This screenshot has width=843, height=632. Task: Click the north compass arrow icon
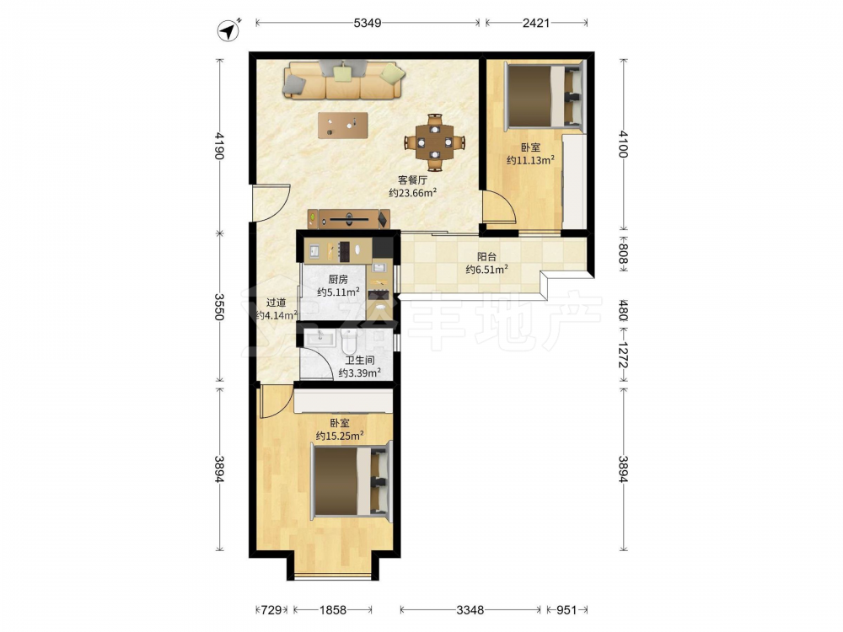(228, 30)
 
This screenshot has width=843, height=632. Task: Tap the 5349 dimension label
(368, 23)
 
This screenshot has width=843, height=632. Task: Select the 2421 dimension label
(536, 23)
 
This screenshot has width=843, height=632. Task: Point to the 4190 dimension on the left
(219, 145)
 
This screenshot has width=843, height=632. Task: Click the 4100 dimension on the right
(623, 143)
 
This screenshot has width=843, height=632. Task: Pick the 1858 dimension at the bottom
(333, 610)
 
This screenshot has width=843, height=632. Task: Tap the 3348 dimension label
(470, 610)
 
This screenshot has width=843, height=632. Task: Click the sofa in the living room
(344, 80)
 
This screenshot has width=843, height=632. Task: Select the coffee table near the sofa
(343, 126)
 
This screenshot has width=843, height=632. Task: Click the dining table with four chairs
(435, 142)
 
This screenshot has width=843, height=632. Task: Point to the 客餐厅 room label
(412, 180)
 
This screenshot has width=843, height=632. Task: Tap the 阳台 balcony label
(486, 257)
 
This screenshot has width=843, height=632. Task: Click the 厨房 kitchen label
(338, 280)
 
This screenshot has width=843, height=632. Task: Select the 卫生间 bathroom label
(360, 360)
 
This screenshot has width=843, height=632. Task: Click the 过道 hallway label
(277, 303)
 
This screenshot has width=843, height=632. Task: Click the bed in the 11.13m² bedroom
(544, 96)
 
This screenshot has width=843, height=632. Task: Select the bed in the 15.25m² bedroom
(351, 481)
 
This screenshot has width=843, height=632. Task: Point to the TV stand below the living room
(349, 219)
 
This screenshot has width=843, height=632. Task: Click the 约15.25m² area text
(339, 436)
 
